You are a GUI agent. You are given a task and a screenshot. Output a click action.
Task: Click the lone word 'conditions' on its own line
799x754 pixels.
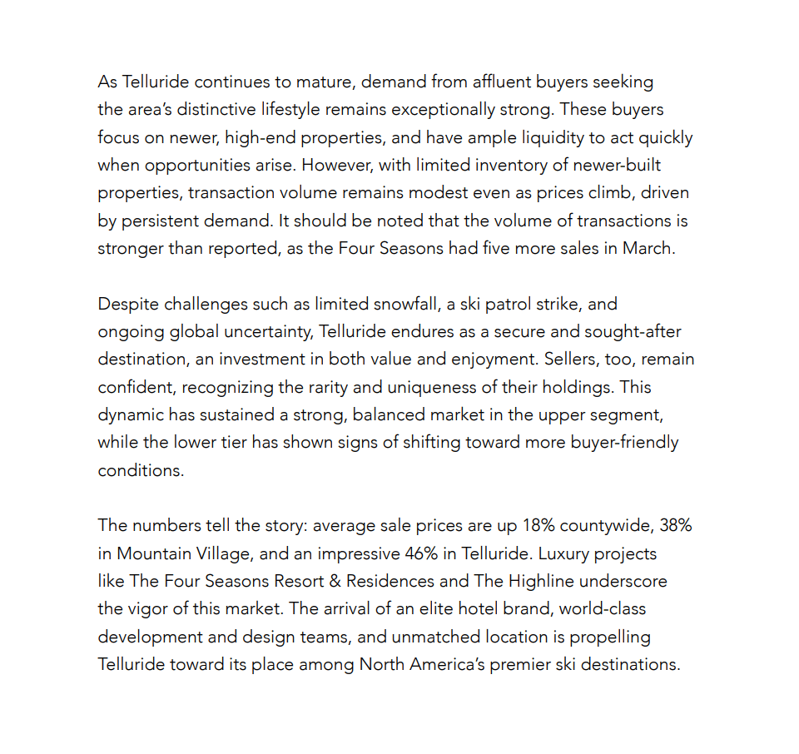[x=140, y=469]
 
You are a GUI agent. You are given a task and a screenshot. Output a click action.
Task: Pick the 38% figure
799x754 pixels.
[x=675, y=525]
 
